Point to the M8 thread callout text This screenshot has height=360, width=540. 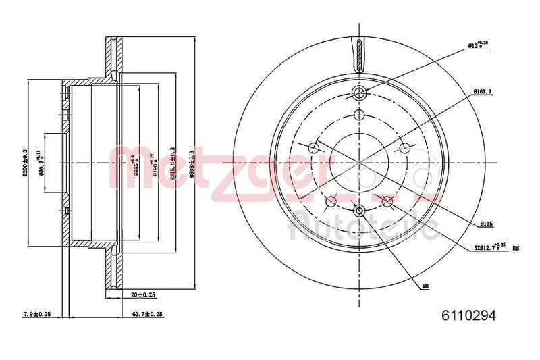pos(426,286)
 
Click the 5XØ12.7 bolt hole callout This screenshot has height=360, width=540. pos(488,247)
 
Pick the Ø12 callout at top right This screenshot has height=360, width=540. pos(478,45)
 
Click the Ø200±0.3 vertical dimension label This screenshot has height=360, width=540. pos(25,163)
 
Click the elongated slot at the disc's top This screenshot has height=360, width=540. pos(359,53)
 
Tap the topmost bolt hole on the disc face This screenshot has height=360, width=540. pos(359,93)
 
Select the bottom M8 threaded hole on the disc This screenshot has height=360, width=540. pos(359,212)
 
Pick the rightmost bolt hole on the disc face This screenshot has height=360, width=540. pos(404,149)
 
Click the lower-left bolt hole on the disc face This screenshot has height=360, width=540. pos(331,201)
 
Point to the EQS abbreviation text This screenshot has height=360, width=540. pos(516,249)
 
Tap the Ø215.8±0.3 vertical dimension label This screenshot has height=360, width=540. pos(174,163)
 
